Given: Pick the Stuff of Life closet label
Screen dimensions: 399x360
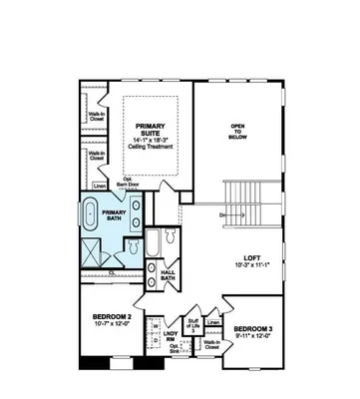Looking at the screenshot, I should pyautogui.click(x=192, y=323).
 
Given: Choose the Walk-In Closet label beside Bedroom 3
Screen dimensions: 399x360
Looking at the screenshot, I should pyautogui.click(x=211, y=345).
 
